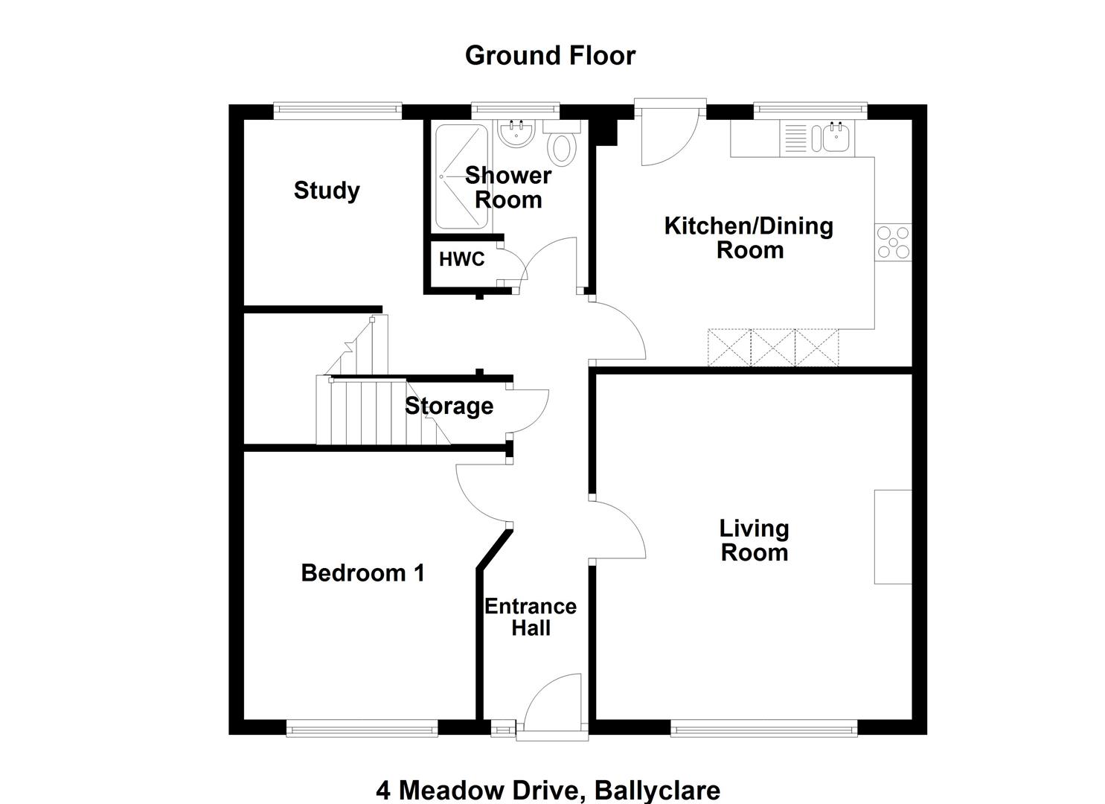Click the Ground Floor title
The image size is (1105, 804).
click(550, 55)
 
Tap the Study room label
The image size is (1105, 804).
click(327, 191)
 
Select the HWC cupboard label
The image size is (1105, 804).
click(462, 259)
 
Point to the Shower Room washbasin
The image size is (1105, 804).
click(516, 133)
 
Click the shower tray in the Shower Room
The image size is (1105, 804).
click(462, 176)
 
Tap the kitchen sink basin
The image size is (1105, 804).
click(836, 138)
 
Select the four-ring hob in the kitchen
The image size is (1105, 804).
click(893, 243)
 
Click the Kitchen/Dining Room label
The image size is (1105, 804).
click(749, 238)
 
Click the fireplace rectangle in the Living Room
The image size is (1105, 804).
click(893, 537)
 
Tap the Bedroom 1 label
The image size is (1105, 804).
click(362, 573)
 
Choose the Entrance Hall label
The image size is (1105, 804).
click(531, 617)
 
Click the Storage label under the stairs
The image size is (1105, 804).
click(449, 406)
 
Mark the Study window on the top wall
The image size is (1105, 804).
click(338, 111)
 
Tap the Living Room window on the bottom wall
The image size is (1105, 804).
click(764, 728)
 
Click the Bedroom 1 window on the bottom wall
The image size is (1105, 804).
click(362, 728)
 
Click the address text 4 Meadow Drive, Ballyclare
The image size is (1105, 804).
click(548, 790)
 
